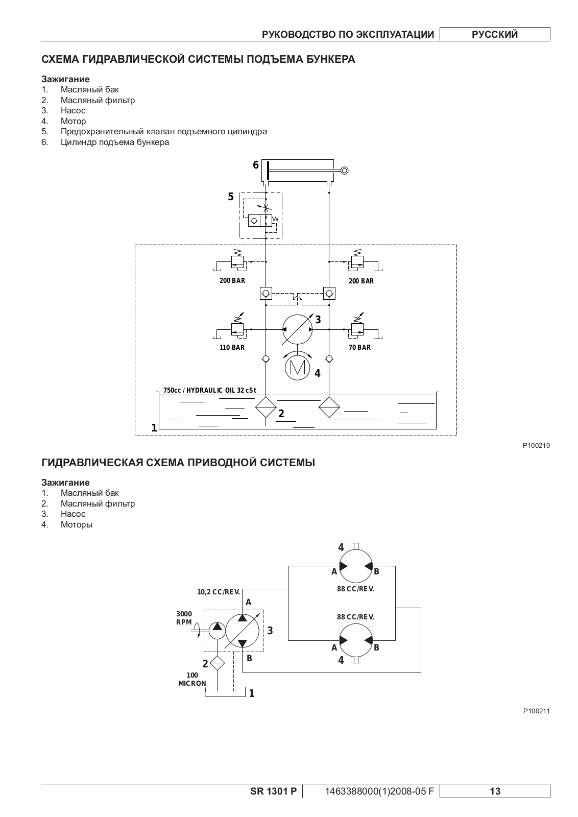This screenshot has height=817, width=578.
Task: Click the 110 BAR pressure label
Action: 232,347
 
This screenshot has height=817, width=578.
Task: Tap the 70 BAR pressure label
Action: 359,347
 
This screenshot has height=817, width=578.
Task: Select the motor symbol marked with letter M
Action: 298,367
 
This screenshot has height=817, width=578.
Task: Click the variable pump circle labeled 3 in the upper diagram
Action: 298,329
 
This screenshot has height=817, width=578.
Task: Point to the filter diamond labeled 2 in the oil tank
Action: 266,407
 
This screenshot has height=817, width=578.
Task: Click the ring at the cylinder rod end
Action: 344,171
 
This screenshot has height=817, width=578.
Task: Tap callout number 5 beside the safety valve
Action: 230,197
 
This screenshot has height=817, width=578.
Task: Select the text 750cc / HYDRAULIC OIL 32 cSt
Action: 210,390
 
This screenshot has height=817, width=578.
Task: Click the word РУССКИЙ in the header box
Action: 495,34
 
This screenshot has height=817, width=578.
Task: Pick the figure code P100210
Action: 537,445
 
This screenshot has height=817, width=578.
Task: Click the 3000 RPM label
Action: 184,618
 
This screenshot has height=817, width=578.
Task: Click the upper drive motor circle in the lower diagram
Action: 356,566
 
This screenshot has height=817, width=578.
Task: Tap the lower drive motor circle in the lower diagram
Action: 356,640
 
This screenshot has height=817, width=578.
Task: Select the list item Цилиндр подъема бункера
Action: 115,142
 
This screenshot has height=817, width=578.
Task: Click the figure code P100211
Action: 537,711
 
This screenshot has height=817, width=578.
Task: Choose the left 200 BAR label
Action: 232,281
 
